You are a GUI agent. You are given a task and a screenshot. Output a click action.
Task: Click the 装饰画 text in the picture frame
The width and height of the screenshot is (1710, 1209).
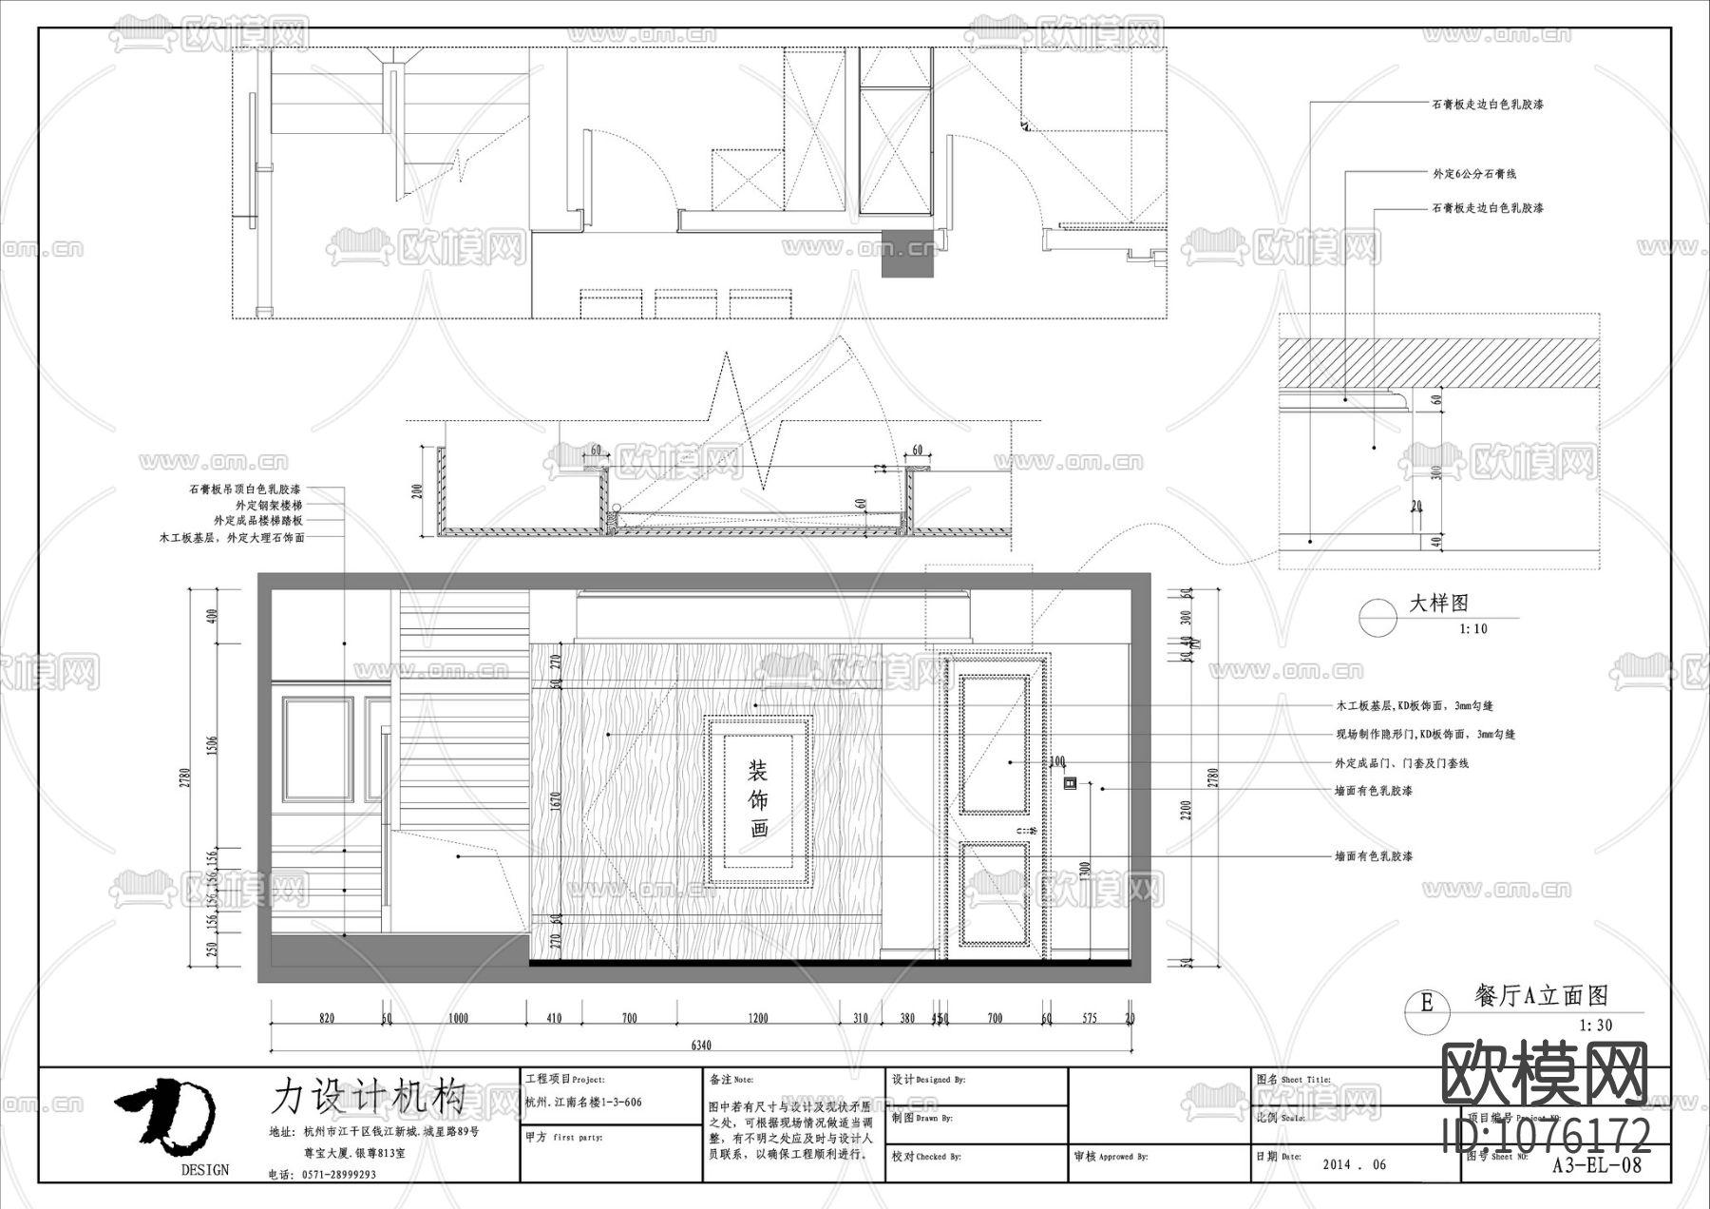pyautogui.click(x=758, y=798)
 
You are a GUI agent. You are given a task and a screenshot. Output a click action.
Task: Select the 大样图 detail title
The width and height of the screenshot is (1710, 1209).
pyautogui.click(x=1438, y=604)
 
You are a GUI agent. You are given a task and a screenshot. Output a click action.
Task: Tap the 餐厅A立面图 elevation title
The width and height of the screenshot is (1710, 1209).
pyautogui.click(x=1541, y=996)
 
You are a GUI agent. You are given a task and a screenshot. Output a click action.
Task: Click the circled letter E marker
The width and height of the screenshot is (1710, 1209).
pyautogui.click(x=1426, y=1003)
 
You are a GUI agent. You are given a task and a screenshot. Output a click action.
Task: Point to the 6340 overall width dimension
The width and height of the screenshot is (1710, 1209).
pyautogui.click(x=701, y=1046)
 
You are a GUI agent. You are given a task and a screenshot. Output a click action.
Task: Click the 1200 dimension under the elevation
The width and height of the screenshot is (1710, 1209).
pyautogui.click(x=758, y=1019)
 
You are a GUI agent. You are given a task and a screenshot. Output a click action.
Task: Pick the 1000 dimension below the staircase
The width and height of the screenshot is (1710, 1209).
pyautogui.click(x=458, y=1019)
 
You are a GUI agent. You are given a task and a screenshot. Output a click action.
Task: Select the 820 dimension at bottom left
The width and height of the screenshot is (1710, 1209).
pyautogui.click(x=327, y=1019)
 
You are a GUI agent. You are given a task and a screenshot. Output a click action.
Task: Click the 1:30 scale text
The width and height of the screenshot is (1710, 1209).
pyautogui.click(x=1596, y=1026)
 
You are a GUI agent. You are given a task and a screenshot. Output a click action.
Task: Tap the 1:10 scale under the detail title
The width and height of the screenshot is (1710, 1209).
pyautogui.click(x=1473, y=629)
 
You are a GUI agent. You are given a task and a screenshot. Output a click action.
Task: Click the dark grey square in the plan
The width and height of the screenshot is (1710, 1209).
pyautogui.click(x=907, y=254)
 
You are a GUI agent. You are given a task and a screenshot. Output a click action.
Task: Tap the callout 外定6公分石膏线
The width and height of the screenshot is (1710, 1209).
pyautogui.click(x=1474, y=174)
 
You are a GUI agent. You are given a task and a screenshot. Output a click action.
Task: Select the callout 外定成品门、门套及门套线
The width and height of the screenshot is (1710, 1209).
pyautogui.click(x=1401, y=763)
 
